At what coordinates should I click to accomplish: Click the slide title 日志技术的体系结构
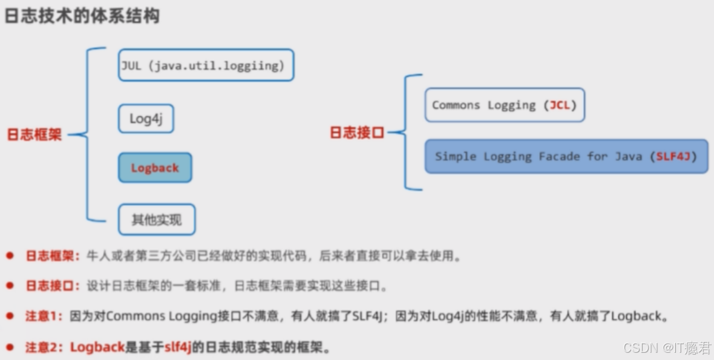click(82, 16)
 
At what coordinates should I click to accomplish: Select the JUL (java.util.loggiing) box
click(206, 65)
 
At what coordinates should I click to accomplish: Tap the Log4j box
click(146, 119)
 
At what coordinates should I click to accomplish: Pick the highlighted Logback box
click(155, 168)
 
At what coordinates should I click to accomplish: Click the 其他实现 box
click(157, 220)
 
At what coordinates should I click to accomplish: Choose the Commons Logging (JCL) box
click(505, 105)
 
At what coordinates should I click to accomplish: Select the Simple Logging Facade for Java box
click(566, 157)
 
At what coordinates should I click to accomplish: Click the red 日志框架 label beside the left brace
click(34, 134)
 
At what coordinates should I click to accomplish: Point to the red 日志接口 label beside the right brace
click(357, 133)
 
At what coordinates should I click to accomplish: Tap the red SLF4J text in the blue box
click(673, 157)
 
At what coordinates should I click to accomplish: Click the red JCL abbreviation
click(560, 105)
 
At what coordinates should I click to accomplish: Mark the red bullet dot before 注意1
click(10, 315)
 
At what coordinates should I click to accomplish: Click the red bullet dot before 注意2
click(10, 347)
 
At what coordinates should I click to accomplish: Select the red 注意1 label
click(44, 316)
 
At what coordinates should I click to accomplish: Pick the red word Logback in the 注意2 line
click(97, 347)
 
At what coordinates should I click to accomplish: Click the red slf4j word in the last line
click(178, 347)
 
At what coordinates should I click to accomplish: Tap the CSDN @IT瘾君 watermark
click(667, 347)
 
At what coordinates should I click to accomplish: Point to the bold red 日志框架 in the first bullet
click(52, 256)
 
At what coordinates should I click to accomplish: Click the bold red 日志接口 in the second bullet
click(52, 286)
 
